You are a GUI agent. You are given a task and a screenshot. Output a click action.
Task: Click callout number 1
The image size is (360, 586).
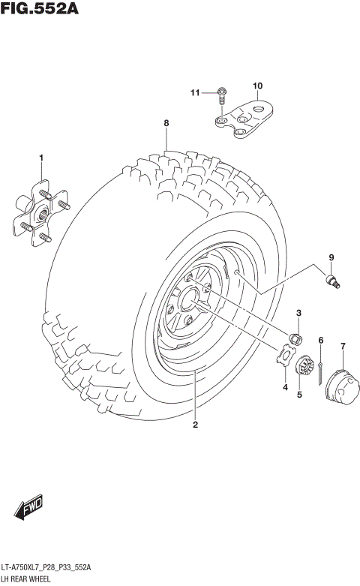pos(41,157)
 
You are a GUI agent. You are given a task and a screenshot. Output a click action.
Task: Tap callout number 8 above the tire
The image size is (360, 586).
pos(166,122)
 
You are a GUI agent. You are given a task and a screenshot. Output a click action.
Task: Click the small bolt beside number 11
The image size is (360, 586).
pos(221,94)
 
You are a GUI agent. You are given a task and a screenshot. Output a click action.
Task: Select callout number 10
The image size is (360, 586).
pos(257,86)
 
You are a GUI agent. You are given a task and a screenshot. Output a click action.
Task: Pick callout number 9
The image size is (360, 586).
pos(330,259)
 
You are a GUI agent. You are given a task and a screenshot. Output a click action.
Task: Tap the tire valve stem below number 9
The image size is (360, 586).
pos(331,281)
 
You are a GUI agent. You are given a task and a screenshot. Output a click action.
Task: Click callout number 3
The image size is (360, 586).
pos(298,313)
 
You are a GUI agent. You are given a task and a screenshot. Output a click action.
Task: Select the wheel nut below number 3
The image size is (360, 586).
pos(295,338)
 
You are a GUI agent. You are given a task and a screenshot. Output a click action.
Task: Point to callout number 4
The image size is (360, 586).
pos(285,387)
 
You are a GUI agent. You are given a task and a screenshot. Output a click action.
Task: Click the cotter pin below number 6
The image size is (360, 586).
pos(320,368)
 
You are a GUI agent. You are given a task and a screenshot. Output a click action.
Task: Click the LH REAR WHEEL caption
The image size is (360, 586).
pos(26,579)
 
